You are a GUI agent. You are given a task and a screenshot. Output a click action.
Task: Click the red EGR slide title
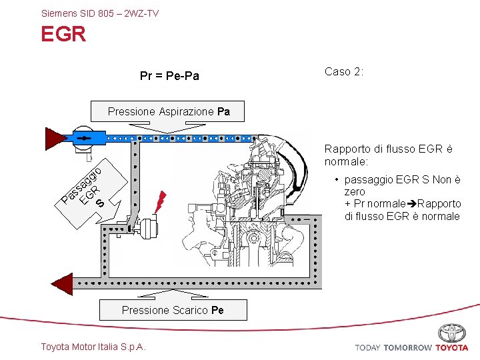63,34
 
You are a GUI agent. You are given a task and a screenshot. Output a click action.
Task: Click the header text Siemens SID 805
99,13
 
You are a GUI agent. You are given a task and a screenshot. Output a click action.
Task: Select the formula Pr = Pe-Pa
169,76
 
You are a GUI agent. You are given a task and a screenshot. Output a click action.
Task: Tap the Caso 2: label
344,71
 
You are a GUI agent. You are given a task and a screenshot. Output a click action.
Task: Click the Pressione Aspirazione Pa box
169,112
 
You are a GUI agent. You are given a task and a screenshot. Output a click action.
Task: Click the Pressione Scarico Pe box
173,310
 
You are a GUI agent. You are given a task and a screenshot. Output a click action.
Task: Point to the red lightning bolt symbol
160,200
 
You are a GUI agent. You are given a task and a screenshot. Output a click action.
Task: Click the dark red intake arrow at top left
55,138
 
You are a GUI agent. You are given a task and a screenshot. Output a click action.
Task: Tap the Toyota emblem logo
452,333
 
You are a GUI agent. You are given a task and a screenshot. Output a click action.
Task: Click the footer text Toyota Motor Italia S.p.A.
93,347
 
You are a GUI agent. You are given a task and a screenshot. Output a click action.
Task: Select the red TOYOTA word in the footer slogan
452,347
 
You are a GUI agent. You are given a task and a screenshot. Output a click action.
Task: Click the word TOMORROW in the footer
407,347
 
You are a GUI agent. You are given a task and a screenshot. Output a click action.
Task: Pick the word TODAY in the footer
367,347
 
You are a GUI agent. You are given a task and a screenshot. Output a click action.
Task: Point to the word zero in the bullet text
355,191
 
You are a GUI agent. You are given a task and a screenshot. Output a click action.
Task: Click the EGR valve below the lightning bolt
148,228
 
